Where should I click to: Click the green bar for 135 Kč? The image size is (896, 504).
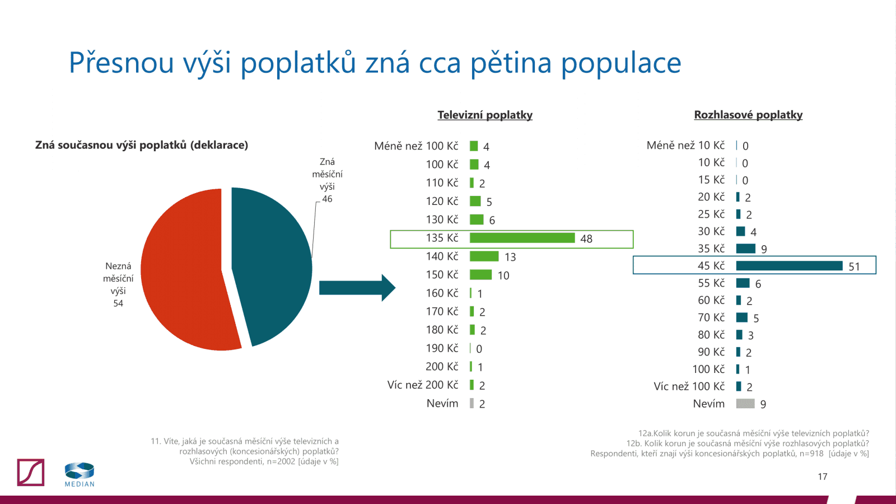click(522, 238)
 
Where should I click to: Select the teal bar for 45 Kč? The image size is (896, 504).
click(788, 265)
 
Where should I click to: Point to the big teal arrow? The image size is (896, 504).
click(356, 288)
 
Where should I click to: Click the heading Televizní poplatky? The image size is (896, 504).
click(485, 115)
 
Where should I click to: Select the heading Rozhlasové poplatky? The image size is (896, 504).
click(748, 115)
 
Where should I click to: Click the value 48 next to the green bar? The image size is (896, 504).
click(586, 239)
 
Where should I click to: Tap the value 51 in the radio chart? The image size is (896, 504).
click(854, 267)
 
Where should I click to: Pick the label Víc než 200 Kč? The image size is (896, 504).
click(423, 385)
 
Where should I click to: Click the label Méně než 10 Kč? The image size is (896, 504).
click(685, 146)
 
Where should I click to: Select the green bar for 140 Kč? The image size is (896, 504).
click(484, 256)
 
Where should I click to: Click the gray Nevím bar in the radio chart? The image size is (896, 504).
click(745, 404)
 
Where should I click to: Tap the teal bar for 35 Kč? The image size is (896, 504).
click(745, 249)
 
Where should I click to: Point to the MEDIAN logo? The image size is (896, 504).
click(80, 474)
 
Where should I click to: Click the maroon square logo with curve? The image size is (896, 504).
click(31, 472)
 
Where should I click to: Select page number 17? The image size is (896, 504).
click(822, 477)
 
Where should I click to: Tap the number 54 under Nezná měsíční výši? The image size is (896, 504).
click(118, 304)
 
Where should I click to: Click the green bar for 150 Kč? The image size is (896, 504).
click(480, 275)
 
